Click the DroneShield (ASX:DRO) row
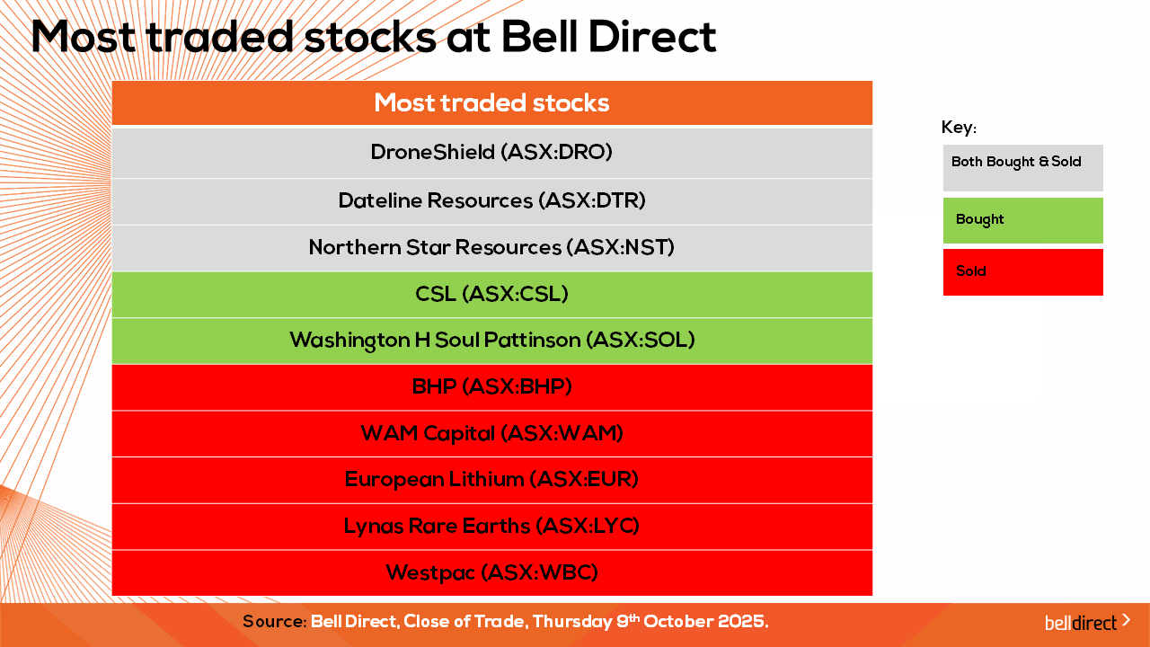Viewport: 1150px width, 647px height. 491,153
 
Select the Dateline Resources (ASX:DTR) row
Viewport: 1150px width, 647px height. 491,201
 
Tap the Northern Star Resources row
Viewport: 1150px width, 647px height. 491,248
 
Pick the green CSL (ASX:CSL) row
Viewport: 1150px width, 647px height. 491,294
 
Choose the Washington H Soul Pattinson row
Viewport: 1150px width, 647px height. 491,341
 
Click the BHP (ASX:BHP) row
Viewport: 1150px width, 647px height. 491,387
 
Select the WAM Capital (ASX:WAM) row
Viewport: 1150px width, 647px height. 491,434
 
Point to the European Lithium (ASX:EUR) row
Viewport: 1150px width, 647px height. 491,480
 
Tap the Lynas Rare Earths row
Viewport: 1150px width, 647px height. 491,527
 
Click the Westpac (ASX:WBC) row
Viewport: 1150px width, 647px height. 491,573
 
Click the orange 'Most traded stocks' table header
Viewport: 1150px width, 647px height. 491,102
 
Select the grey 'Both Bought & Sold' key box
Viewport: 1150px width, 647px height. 1022,168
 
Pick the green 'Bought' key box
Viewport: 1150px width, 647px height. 1022,220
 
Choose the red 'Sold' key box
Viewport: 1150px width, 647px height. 1022,272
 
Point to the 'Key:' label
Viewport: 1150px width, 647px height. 959,128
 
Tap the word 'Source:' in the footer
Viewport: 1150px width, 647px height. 275,621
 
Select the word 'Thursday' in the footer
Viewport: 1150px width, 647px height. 572,622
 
